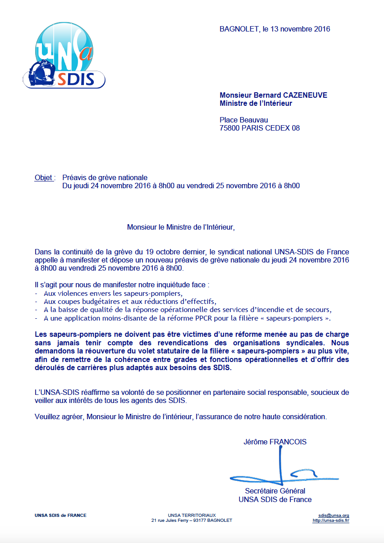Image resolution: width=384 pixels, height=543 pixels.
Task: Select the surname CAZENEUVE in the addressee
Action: [x=306, y=95]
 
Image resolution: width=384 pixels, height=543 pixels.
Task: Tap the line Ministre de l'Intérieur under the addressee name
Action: [x=256, y=104]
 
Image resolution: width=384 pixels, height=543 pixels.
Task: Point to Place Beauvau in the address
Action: [x=243, y=120]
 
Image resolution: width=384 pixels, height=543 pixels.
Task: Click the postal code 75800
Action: [x=230, y=128]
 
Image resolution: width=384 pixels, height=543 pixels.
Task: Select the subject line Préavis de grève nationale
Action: [x=105, y=177]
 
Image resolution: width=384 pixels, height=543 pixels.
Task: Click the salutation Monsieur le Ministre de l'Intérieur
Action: [x=181, y=227]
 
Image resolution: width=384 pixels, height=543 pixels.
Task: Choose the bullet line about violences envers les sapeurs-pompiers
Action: [x=106, y=293]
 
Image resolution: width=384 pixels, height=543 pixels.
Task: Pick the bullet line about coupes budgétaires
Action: [x=130, y=301]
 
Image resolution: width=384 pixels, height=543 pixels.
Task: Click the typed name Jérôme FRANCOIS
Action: [x=275, y=442]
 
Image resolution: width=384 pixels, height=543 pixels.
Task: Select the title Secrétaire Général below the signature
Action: [x=275, y=491]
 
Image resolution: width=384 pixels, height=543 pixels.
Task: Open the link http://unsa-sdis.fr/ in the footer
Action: [x=331, y=520]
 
